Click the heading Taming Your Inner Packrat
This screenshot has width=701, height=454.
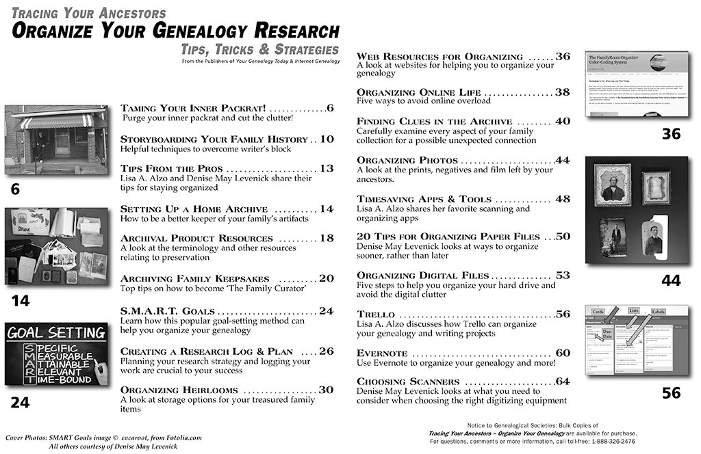(x=193, y=108)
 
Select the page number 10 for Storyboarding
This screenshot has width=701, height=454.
(x=327, y=139)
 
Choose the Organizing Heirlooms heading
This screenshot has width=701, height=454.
(x=179, y=390)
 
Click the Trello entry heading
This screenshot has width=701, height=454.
(x=376, y=315)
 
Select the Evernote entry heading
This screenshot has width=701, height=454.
(x=382, y=353)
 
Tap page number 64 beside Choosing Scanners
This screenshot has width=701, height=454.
(x=563, y=381)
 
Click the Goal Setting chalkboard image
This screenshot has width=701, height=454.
(x=56, y=355)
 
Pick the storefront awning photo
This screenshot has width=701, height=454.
(x=56, y=139)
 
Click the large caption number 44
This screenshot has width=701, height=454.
(x=671, y=280)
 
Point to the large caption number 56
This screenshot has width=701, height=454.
(x=671, y=392)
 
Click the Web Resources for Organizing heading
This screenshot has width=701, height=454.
(x=439, y=56)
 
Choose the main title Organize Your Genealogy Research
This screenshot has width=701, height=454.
(x=175, y=31)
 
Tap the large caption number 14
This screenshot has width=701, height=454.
(x=20, y=301)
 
